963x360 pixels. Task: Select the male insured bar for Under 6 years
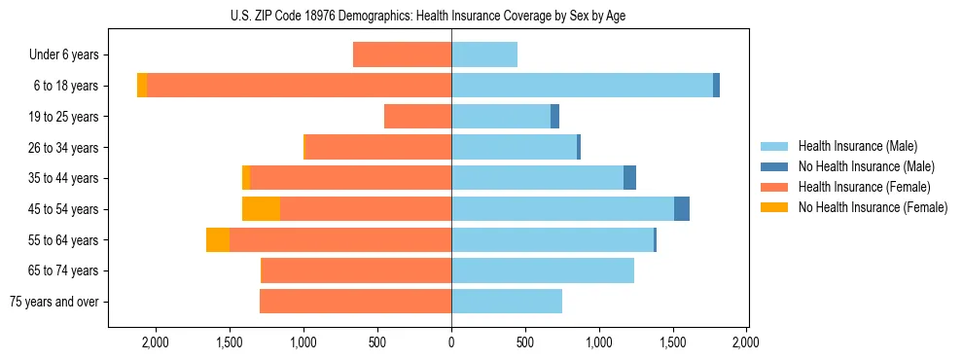point(484,54)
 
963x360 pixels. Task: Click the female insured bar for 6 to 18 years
point(299,86)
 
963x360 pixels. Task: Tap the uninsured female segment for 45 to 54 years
point(261,209)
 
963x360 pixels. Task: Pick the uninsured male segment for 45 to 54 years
point(682,209)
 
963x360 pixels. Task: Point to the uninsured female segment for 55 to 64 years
point(218,240)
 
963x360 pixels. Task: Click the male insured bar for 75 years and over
point(507,302)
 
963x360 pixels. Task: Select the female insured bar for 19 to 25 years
point(417,117)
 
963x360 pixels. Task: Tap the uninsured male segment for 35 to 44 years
point(629,178)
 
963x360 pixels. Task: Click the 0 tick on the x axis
point(451,342)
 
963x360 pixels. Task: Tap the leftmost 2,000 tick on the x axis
point(156,342)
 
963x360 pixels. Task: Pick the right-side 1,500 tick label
point(673,342)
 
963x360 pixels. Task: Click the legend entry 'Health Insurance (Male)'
point(858,146)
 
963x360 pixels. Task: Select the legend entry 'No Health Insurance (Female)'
point(873,207)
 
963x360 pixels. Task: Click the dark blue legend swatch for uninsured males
point(774,166)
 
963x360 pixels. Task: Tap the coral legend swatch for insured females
point(774,187)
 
